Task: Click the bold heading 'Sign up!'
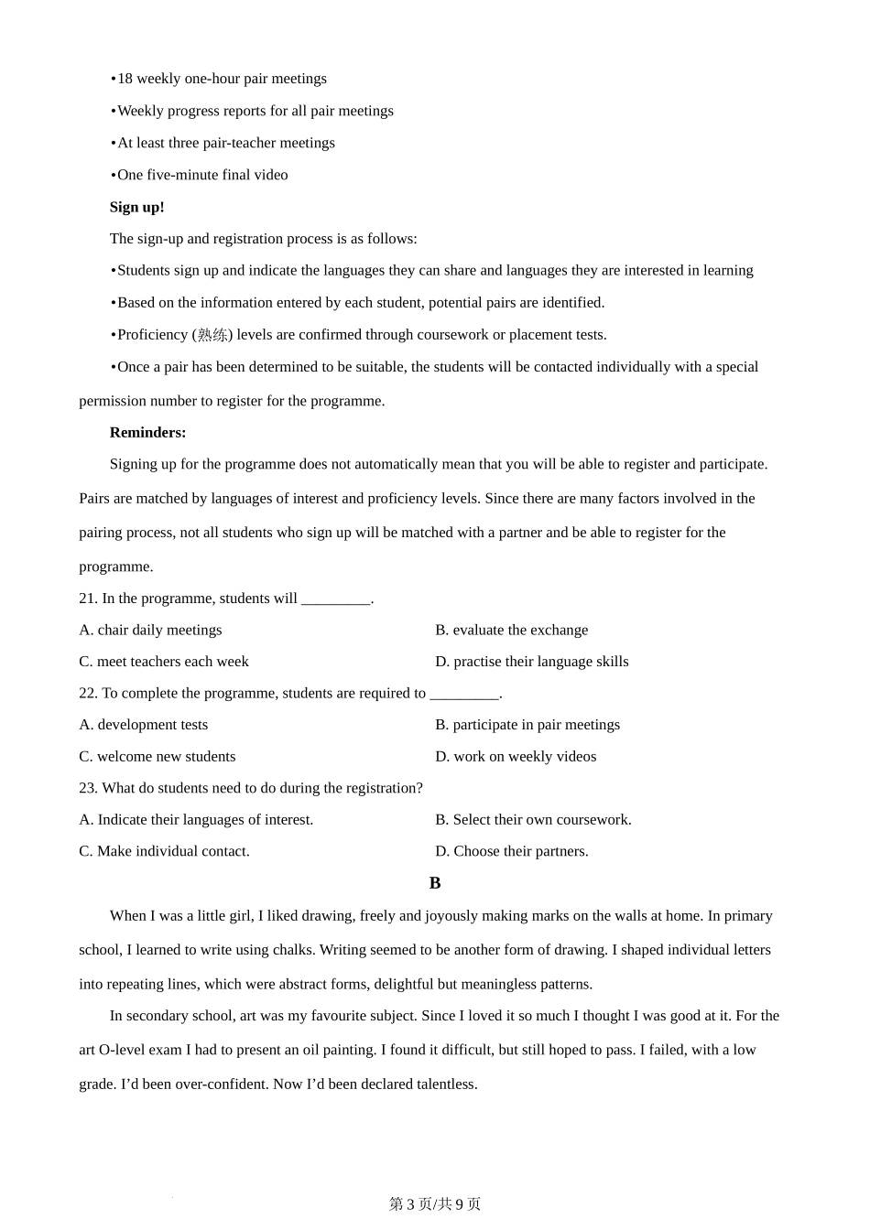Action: (136, 207)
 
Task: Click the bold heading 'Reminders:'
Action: (147, 432)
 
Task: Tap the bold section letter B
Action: (435, 883)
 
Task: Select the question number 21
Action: (87, 599)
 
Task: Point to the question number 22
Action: (87, 693)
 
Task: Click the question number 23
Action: (87, 788)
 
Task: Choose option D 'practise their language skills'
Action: (531, 662)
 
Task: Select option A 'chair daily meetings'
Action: (150, 630)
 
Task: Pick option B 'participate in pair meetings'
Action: (527, 725)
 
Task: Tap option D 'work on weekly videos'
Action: (516, 757)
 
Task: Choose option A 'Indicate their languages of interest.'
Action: (196, 820)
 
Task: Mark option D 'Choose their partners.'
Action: (512, 851)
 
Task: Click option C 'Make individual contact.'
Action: (164, 851)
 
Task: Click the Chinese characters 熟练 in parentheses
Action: (212, 335)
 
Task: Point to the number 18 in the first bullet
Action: (125, 79)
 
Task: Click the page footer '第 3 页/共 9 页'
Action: (435, 1204)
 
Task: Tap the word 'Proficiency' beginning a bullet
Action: (153, 335)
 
